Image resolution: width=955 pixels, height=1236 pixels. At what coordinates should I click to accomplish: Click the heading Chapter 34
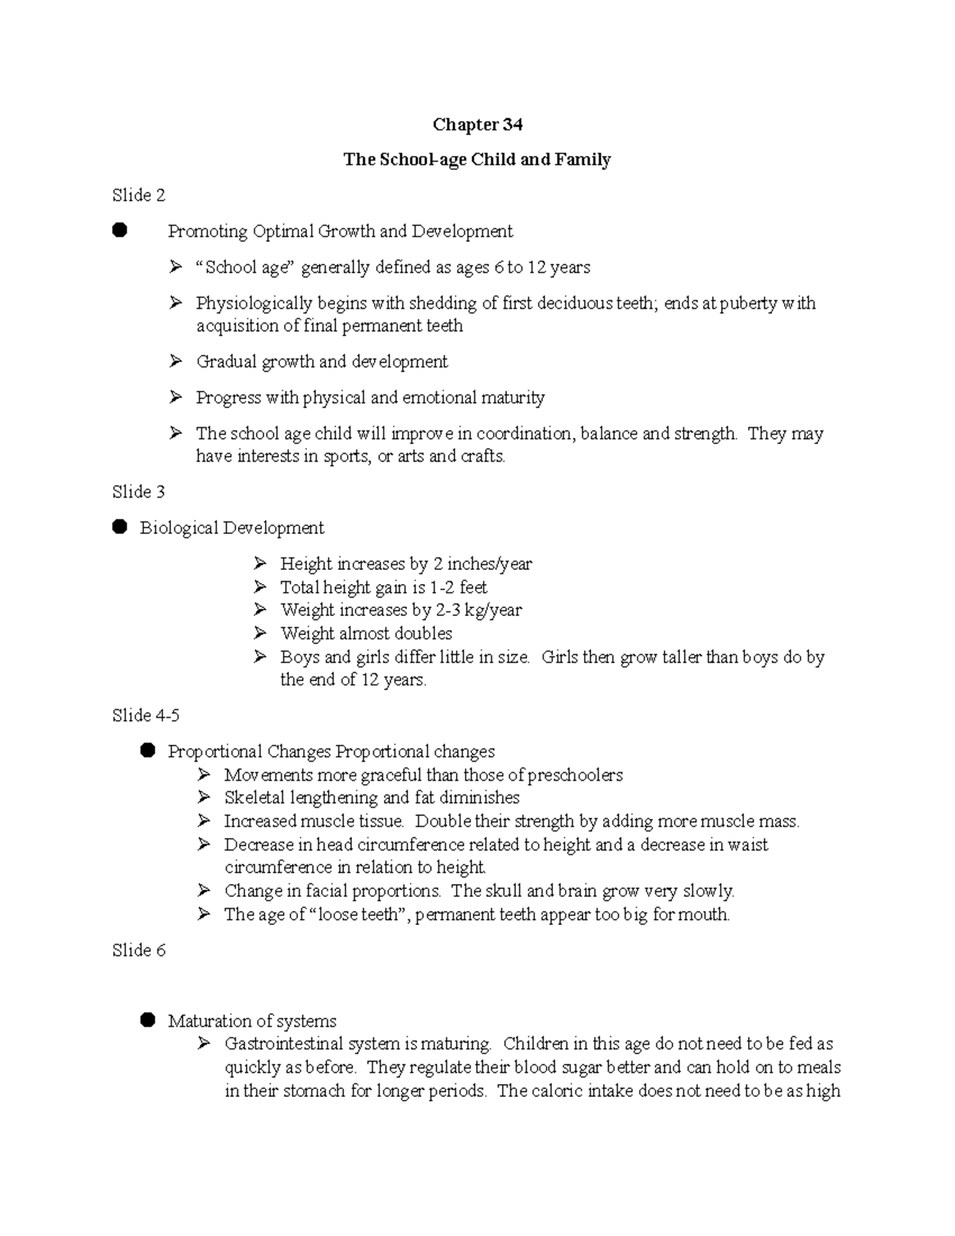pos(477,124)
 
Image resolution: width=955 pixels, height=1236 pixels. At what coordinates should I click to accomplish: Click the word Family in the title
pos(587,159)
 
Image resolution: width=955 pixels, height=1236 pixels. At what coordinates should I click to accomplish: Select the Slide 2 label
pos(138,195)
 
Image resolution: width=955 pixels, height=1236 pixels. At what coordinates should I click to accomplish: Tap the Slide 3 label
pos(138,492)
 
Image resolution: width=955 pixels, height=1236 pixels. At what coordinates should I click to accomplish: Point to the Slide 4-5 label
pos(146,715)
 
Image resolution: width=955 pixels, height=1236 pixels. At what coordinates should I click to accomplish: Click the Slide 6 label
pos(138,949)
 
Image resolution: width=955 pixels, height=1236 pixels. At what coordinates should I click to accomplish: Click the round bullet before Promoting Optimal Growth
pos(119,231)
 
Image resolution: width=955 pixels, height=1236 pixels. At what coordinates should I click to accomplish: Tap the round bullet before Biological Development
pos(119,527)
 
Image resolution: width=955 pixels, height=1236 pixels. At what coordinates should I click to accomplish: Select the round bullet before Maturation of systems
pos(147,1020)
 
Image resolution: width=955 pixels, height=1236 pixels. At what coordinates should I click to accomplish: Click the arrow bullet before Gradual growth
pos(176,361)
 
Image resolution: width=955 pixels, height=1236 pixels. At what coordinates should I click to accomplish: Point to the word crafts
pos(483,457)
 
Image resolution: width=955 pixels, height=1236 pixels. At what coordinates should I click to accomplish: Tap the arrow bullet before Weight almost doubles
pos(260,634)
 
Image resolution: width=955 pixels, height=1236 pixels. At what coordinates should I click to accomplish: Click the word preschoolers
pos(575,774)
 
